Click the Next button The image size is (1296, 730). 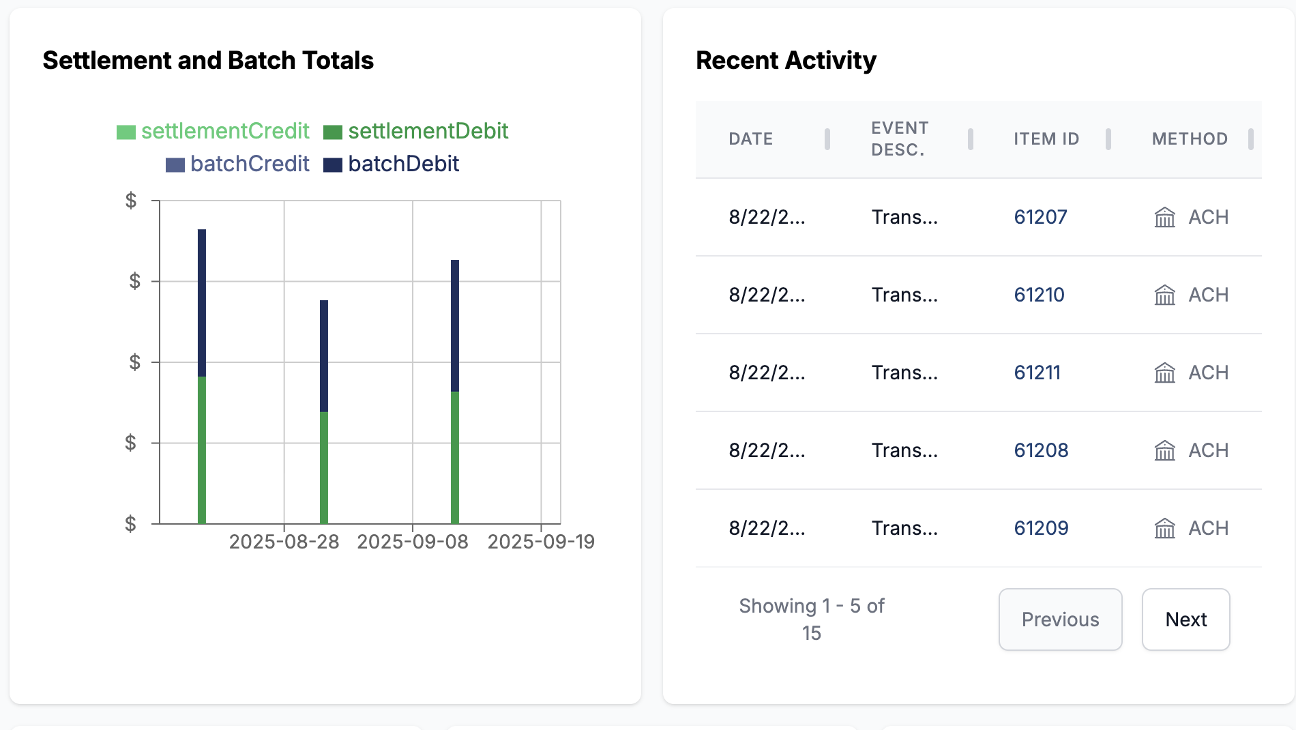[1185, 619]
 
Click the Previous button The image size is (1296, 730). [1060, 619]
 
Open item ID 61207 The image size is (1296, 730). [1040, 217]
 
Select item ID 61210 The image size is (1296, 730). [1039, 295]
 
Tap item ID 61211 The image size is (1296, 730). [1037, 373]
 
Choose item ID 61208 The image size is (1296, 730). [1041, 450]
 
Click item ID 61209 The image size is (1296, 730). [1041, 528]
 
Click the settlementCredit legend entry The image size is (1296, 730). [213, 131]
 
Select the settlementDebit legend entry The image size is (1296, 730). [416, 131]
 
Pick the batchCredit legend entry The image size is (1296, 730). [238, 164]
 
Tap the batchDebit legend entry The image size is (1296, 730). [392, 164]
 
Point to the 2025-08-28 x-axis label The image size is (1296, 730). [284, 542]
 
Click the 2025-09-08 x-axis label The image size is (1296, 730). [413, 542]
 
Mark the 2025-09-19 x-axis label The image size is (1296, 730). [541, 542]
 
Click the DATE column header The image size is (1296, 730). [750, 139]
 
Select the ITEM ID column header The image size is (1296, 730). [1046, 139]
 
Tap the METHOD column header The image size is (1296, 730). [1190, 139]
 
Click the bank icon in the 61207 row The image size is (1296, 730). [1164, 217]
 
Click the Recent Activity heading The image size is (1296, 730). [786, 60]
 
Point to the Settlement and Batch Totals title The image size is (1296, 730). [208, 60]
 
